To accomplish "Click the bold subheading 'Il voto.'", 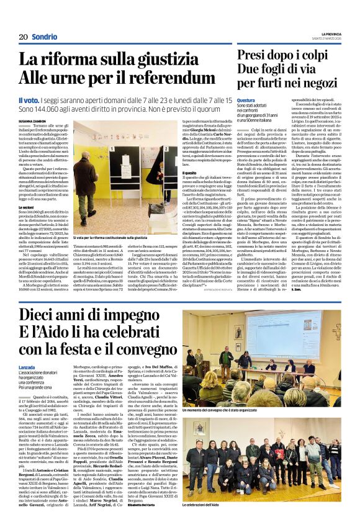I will point(28,101).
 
